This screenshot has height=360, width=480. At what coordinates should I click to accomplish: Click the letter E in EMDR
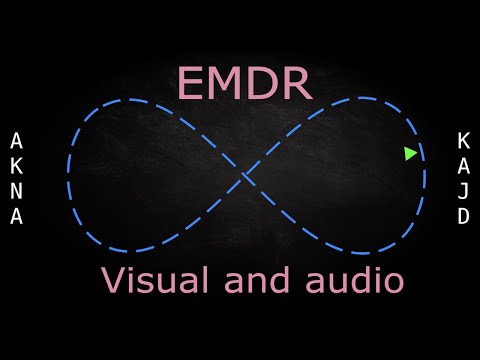(x=190, y=84)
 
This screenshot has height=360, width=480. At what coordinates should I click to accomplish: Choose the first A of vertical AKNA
(x=16, y=139)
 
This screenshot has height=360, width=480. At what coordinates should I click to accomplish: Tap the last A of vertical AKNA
(x=16, y=216)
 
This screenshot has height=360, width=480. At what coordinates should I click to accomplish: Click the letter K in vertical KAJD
(x=463, y=139)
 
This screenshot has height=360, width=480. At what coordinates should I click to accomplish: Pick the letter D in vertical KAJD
(x=463, y=216)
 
